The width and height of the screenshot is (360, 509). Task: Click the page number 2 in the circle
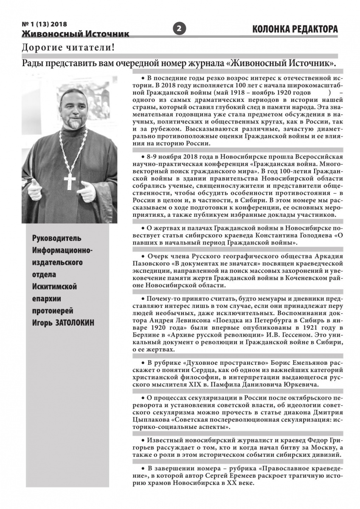pyautogui.click(x=179, y=29)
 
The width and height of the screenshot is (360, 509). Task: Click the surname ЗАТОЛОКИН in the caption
pyautogui.click(x=75, y=323)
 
